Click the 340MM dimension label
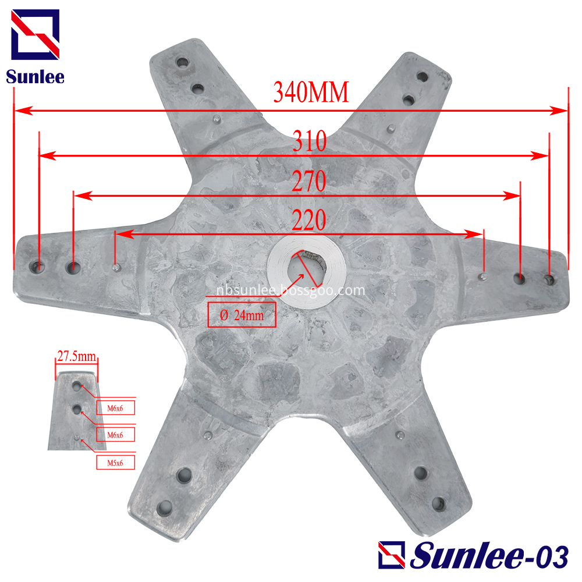point(311,93)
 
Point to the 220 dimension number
point(308,221)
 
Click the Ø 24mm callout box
point(242,315)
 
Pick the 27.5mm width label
point(77,356)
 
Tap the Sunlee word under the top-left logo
point(35,76)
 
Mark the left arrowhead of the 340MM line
point(19,110)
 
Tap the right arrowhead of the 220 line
point(479,234)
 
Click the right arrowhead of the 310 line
point(544,156)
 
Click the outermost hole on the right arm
point(549,280)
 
